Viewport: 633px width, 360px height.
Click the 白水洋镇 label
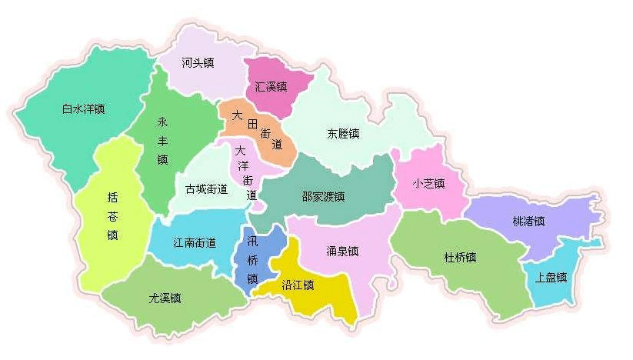click(x=83, y=108)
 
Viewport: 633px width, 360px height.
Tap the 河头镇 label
click(x=198, y=62)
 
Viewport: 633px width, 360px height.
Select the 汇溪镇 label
click(x=271, y=87)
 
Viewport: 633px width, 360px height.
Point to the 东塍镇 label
click(x=343, y=133)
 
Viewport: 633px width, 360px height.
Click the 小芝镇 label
click(x=428, y=183)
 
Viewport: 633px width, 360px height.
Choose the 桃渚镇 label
click(x=528, y=221)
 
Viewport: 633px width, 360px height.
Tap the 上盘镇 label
click(x=551, y=277)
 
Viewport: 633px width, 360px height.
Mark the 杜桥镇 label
click(x=461, y=257)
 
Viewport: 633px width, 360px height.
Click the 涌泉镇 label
click(x=342, y=251)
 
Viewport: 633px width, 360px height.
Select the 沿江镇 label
click(x=298, y=285)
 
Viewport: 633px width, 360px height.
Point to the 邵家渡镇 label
click(x=323, y=196)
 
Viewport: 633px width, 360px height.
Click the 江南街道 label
click(x=194, y=242)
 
